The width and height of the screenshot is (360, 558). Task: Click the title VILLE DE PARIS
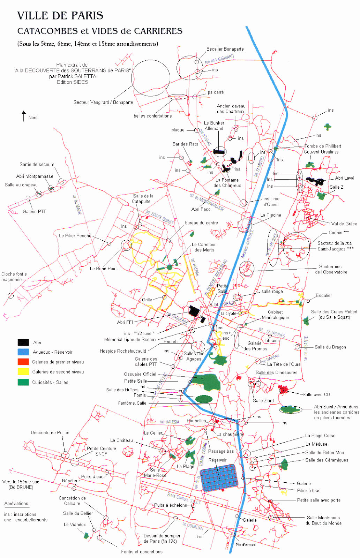click(x=60, y=16)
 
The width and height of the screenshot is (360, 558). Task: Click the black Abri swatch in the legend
click(x=23, y=342)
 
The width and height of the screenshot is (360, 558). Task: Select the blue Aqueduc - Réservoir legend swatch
click(x=23, y=352)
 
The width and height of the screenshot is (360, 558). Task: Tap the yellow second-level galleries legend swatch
click(x=23, y=372)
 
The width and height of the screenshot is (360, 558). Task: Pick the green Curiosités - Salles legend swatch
click(x=23, y=382)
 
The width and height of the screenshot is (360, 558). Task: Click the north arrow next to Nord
click(x=24, y=116)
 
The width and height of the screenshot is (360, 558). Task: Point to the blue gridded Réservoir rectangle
click(x=219, y=477)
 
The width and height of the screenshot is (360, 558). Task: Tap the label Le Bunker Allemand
click(x=214, y=126)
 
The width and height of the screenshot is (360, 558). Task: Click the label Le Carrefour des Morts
click(x=204, y=247)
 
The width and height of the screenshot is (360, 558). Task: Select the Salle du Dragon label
click(x=330, y=347)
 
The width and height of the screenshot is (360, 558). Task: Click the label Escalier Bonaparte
click(x=225, y=49)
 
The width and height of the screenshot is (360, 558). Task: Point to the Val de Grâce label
click(x=344, y=224)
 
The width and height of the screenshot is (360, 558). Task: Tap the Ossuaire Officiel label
click(x=140, y=374)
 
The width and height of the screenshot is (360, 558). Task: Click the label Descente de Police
click(x=50, y=432)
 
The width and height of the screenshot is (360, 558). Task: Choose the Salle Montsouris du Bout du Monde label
click(x=323, y=520)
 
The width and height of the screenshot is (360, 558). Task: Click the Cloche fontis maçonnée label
click(x=14, y=277)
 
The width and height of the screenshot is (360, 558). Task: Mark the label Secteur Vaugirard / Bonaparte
click(x=103, y=102)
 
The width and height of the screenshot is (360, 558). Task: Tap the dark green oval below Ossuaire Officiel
click(x=204, y=399)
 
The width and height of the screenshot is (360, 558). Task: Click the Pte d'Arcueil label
click(x=246, y=545)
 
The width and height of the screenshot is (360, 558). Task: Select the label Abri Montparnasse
click(x=35, y=176)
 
